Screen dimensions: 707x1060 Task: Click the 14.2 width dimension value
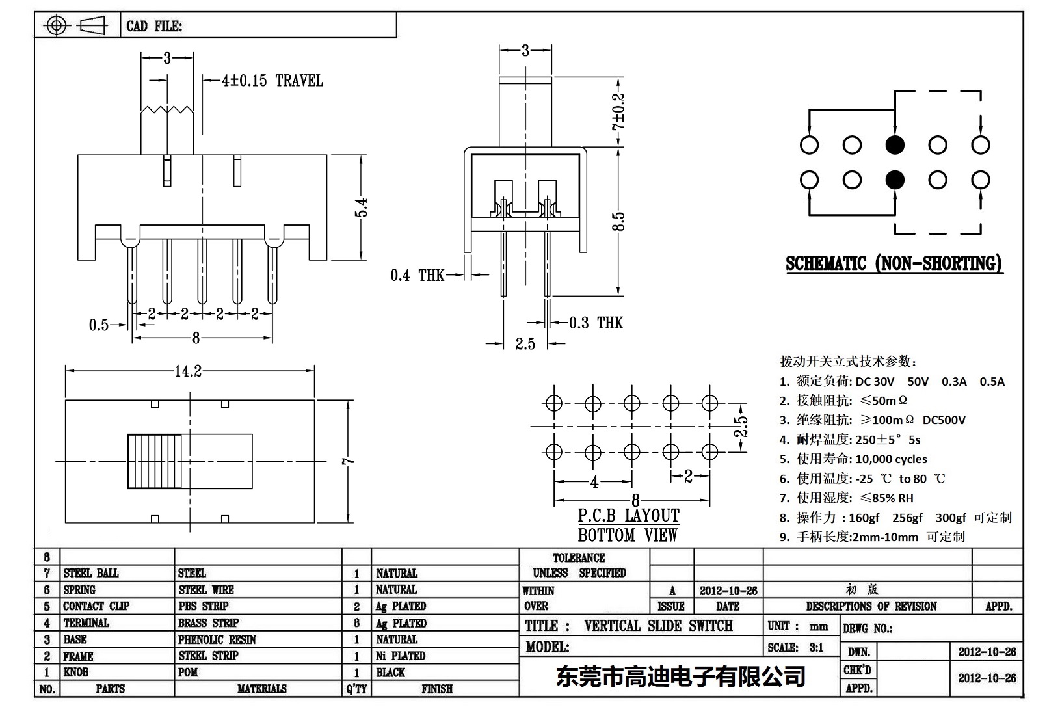187,371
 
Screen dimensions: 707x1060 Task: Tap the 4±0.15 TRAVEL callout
272,81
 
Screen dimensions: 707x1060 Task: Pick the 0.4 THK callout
417,276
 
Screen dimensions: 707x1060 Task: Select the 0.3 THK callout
596,323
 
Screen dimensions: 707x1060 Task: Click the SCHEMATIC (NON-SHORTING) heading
894,263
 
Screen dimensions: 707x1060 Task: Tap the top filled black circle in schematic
895,145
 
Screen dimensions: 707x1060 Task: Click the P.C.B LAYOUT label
628,516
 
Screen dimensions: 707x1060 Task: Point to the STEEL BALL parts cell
91,573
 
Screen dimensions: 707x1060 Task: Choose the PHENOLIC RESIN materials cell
217,639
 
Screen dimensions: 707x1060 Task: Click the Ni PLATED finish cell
400,656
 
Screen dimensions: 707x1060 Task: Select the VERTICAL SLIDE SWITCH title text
658,626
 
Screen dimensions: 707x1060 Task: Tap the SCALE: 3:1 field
795,647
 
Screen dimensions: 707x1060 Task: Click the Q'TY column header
356,689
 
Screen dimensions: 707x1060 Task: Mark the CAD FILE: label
154,26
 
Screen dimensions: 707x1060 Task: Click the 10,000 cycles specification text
891,459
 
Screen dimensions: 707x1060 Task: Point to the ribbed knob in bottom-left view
158,461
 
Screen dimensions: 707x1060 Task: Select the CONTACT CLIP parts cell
96,606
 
